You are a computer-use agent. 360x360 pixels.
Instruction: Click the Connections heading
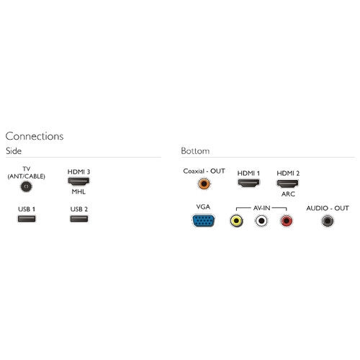pos(35,136)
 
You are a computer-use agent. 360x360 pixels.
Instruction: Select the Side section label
pos(14,151)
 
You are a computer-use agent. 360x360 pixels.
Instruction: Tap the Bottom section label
pos(195,151)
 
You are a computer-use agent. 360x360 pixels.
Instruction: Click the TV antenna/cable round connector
pos(26,186)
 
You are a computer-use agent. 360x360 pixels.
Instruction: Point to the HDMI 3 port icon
pos(78,181)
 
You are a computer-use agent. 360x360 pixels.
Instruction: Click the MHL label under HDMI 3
pos(78,192)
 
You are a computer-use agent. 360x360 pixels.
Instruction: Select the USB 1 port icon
pos(27,219)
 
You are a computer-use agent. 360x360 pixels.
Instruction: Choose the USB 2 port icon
pos(79,219)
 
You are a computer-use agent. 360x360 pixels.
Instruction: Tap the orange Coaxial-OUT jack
pos(204,184)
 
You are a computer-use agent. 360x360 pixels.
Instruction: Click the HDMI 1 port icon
pos(248,183)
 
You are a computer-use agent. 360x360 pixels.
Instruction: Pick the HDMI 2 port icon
pos(288,183)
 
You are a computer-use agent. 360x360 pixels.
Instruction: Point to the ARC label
pos(288,194)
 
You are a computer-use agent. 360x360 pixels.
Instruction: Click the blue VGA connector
pos(203,220)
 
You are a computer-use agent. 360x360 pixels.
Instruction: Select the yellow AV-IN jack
pos(236,220)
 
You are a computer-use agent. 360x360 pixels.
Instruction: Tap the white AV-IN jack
pos(261,220)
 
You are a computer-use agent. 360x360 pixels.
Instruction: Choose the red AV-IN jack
pos(287,220)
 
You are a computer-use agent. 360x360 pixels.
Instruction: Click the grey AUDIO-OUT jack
pos(328,220)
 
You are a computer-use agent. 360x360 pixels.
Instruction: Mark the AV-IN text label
pos(261,208)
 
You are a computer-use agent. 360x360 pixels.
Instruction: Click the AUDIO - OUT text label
pos(328,208)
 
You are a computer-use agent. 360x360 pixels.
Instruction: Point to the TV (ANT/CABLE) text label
pos(27,173)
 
